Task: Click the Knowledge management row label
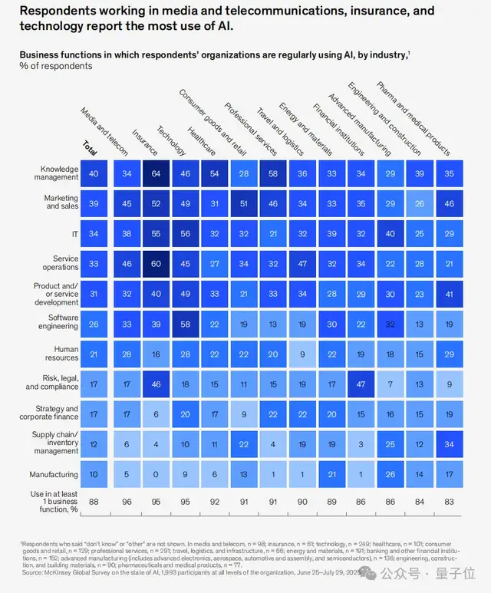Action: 59,173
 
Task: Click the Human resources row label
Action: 61,354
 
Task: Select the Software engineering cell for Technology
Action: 185,324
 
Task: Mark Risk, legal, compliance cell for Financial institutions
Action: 361,384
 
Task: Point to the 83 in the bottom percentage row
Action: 450,502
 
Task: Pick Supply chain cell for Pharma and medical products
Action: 450,444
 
